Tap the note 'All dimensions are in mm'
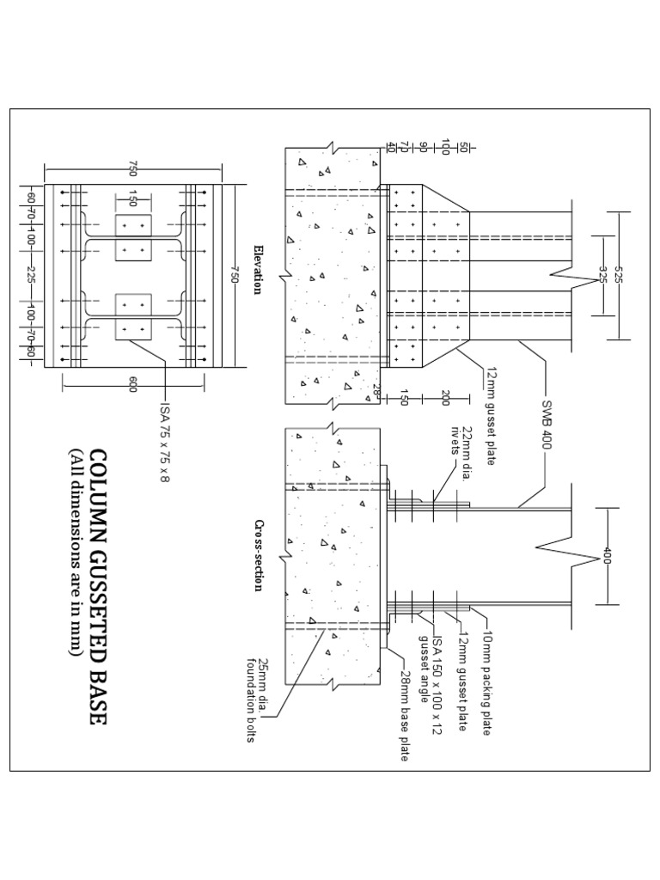tap(76, 554)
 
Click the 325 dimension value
tap(602, 275)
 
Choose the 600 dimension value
tap(132, 384)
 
